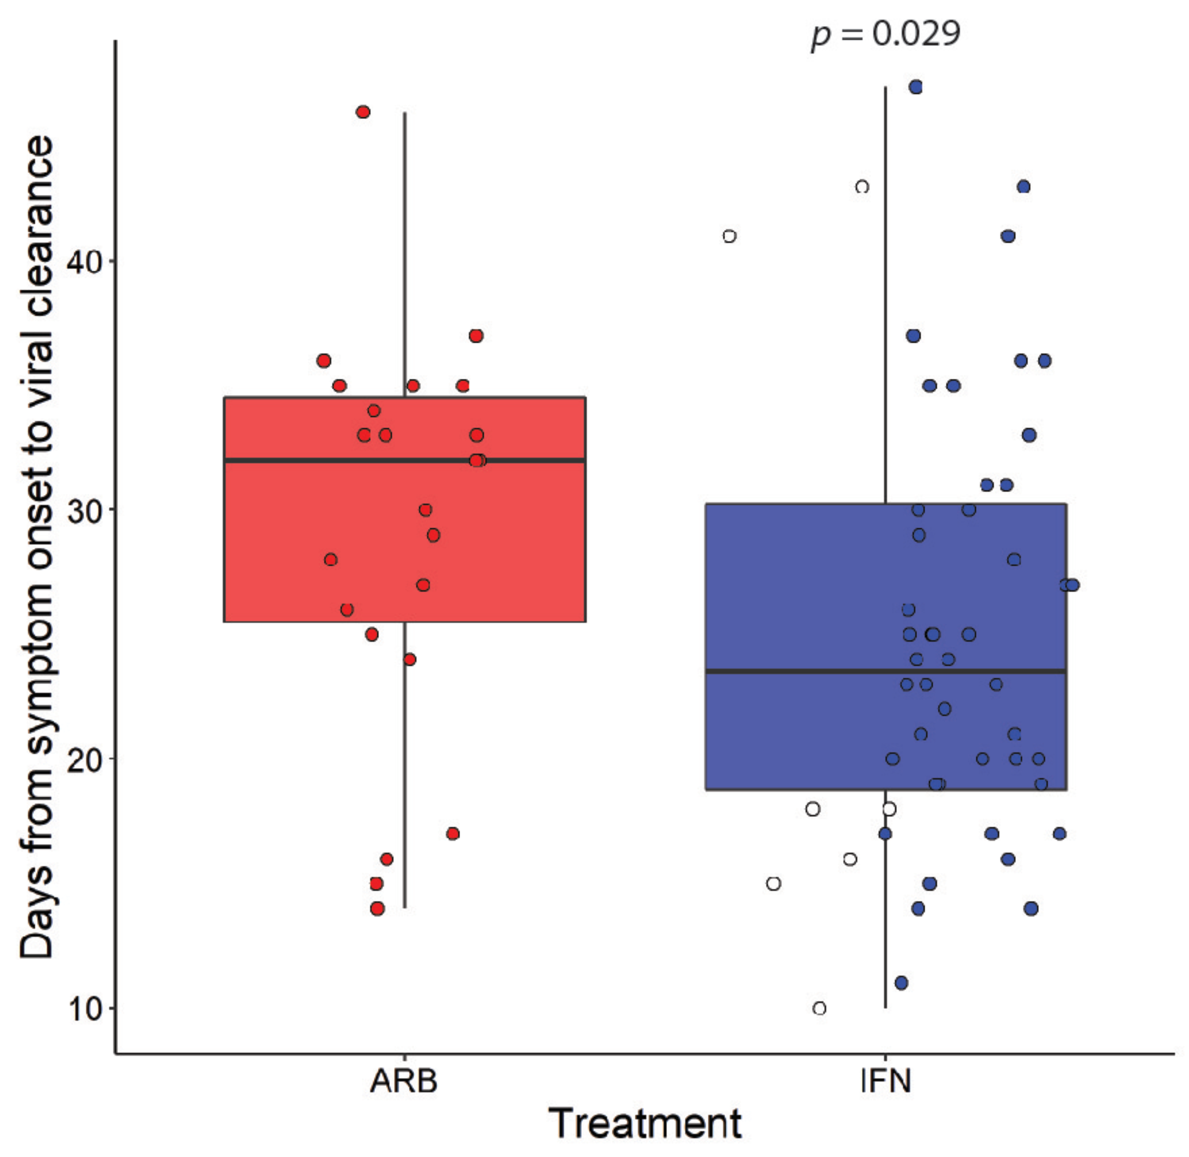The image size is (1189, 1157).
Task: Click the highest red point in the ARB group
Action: (363, 112)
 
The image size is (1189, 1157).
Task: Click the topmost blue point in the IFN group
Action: (915, 87)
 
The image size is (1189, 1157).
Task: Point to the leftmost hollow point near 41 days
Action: (730, 236)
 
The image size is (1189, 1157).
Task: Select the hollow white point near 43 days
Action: (862, 187)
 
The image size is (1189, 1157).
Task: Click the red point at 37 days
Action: (476, 336)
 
